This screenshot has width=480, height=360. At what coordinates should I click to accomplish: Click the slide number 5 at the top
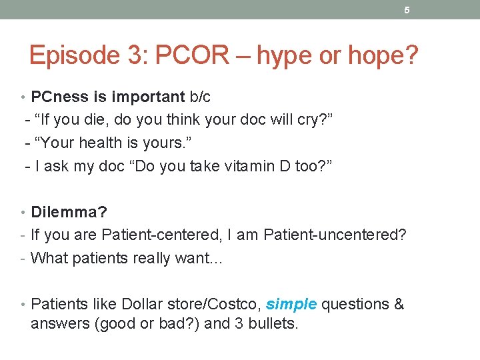(x=406, y=10)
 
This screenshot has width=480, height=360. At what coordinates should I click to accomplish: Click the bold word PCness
(x=59, y=97)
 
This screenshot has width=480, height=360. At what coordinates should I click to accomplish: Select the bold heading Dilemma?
(x=69, y=212)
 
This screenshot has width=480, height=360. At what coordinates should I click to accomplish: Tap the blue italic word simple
(x=292, y=304)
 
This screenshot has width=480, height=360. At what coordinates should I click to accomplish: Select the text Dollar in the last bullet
(x=146, y=304)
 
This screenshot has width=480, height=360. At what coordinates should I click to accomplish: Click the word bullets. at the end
(x=274, y=325)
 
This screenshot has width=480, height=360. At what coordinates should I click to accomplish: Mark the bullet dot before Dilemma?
(x=25, y=213)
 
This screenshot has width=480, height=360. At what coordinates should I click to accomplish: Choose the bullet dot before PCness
(x=25, y=97)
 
